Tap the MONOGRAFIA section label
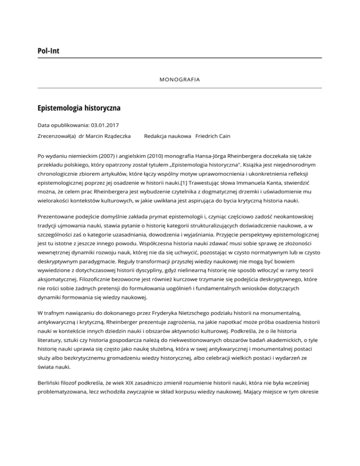point(180,80)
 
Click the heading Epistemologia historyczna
point(79,108)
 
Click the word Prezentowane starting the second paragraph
point(59,217)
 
